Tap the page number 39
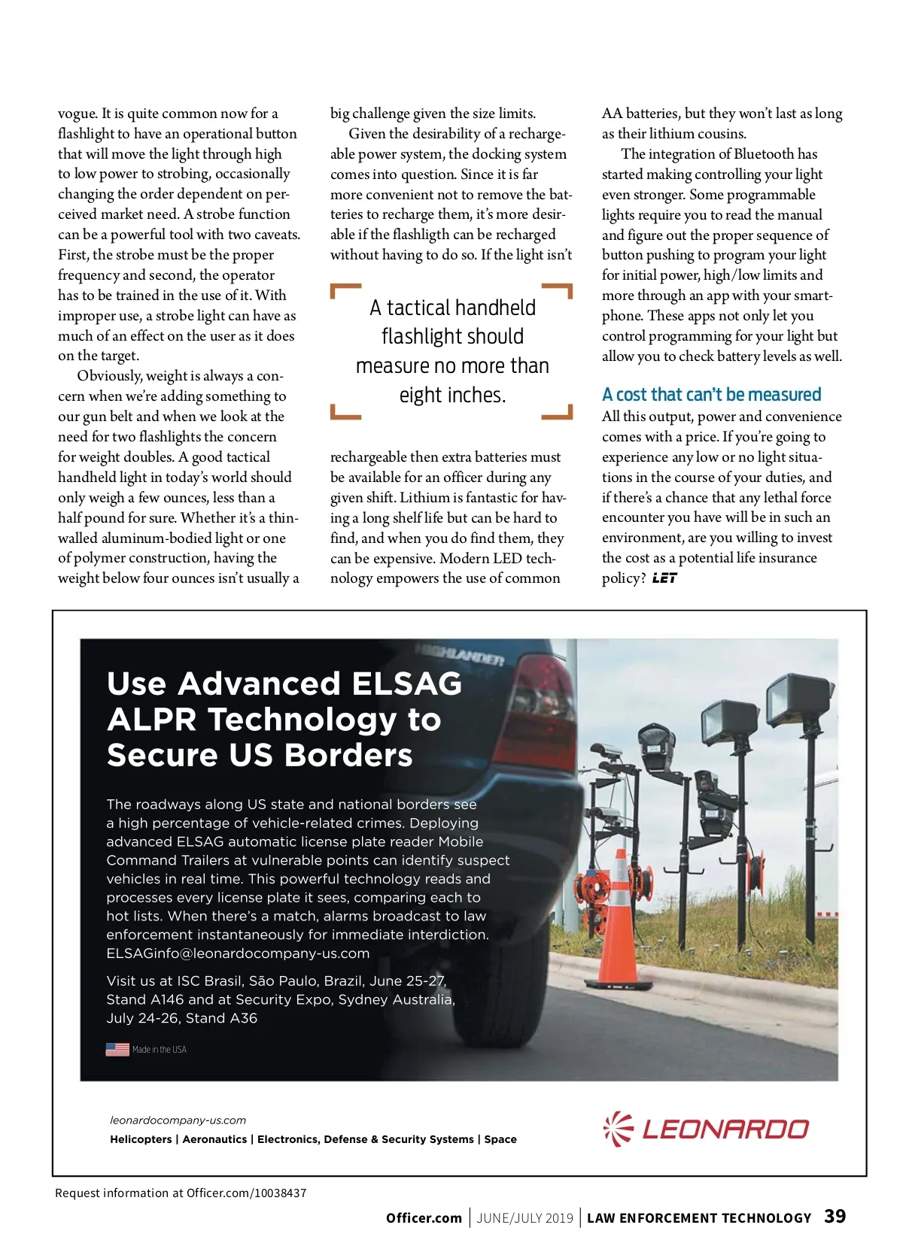(835, 1216)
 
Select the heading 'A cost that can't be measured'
(711, 395)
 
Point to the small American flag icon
(117, 1049)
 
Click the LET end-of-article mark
(664, 578)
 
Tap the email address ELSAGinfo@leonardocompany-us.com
(238, 953)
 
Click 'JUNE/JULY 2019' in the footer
(524, 1218)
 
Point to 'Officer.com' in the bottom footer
(424, 1218)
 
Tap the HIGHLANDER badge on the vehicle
(459, 656)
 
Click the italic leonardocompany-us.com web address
(178, 1120)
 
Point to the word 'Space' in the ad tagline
(500, 1139)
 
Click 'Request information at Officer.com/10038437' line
(181, 1193)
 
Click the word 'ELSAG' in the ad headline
(406, 684)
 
